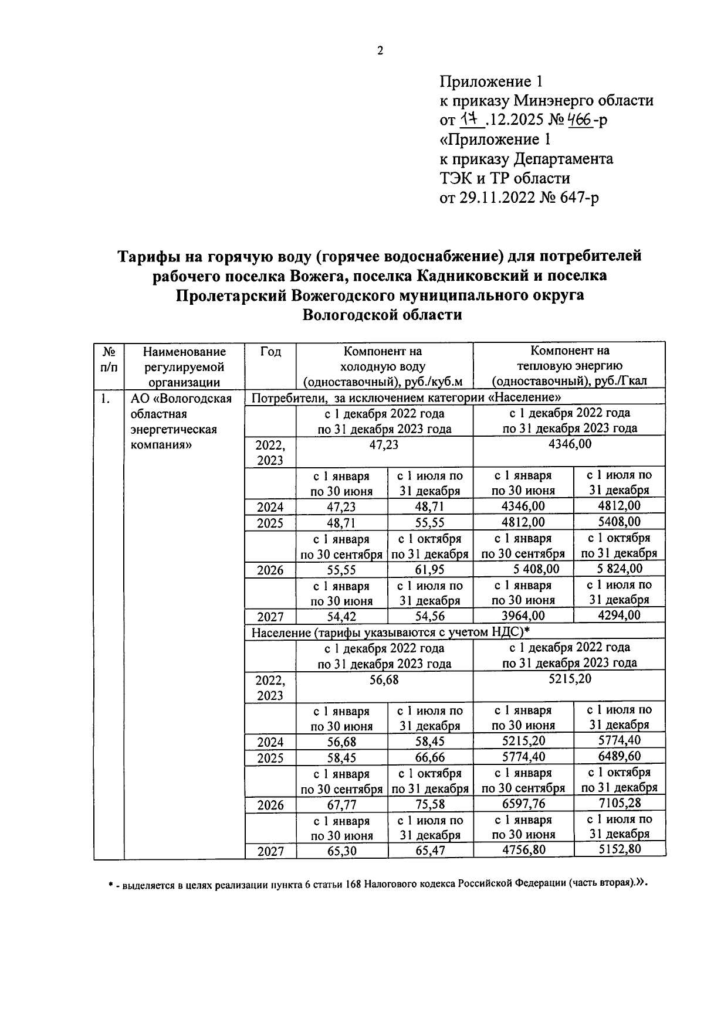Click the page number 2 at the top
click(x=380, y=51)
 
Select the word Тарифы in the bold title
click(x=148, y=256)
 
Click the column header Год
click(x=270, y=352)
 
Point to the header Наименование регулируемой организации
click(x=185, y=367)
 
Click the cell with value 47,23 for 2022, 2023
click(x=384, y=445)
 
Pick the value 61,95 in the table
click(x=430, y=569)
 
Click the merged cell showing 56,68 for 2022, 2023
click(x=384, y=679)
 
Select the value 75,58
click(x=430, y=804)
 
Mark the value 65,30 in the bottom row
click(x=341, y=851)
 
